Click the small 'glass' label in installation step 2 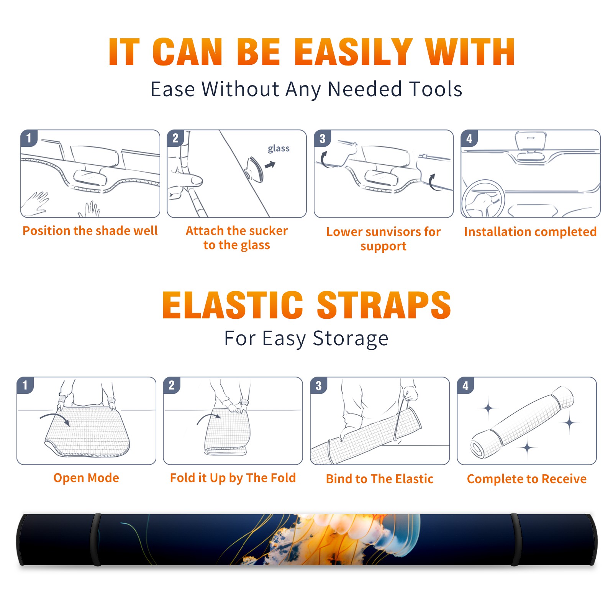pyautogui.click(x=279, y=149)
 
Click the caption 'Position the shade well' pyautogui.click(x=90, y=231)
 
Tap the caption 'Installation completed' pyautogui.click(x=530, y=232)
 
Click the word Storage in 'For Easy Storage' pyautogui.click(x=351, y=338)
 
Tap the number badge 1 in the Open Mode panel pyautogui.click(x=25, y=385)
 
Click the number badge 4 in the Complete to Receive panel pyautogui.click(x=465, y=385)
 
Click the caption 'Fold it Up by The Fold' pyautogui.click(x=233, y=478)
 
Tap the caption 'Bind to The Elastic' pyautogui.click(x=380, y=479)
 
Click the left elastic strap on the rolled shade pyautogui.click(x=96, y=539)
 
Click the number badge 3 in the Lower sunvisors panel pyautogui.click(x=322, y=138)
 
